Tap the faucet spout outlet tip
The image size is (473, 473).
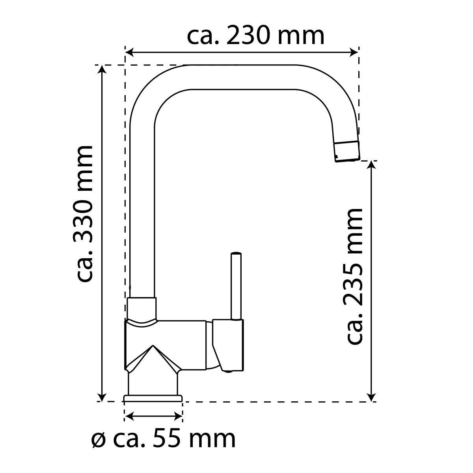point(347,152)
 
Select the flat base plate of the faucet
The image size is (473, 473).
point(153,398)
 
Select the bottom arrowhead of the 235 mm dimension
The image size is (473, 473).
point(371,397)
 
